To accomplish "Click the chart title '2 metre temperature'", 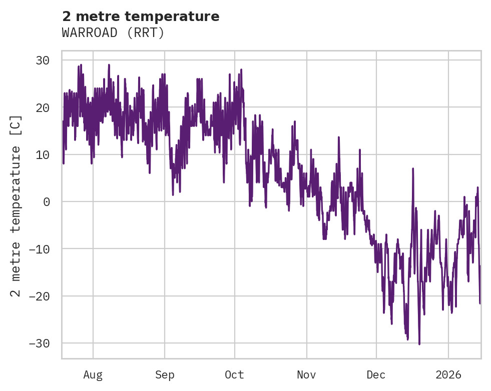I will pos(141,16).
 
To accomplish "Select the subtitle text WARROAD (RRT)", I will pos(113,33).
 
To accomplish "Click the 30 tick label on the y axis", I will pos(42,60).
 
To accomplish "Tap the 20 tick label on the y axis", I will pos(42,107).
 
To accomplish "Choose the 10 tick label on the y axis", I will pos(42,154).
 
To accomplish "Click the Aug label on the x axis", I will pos(93,374).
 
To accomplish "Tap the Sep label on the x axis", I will pos(165,374).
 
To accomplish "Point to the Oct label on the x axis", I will pos(234,374).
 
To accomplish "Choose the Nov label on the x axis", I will pos(306,374).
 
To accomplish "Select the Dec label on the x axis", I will pos(376,374).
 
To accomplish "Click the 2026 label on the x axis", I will pos(448,374).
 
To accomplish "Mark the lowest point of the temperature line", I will pos(419,344).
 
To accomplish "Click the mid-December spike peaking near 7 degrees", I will pos(413,168).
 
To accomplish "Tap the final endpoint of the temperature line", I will pos(480,303).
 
